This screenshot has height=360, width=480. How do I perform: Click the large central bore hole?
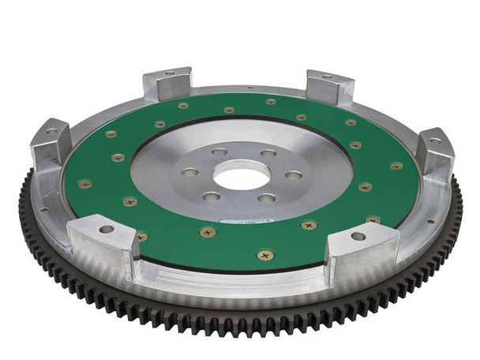tap(242, 174)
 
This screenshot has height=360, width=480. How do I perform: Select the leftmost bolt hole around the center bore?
tap(189, 171)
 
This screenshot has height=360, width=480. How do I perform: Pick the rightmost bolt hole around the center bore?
tap(293, 175)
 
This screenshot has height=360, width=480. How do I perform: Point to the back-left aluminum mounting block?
tap(168, 84)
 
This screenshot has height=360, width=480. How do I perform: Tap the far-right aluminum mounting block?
tap(435, 153)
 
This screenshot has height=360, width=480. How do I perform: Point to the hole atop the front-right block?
tap(358, 236)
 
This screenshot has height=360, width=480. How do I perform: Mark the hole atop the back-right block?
tap(328, 77)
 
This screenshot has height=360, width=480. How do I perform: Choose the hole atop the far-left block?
tap(51, 131)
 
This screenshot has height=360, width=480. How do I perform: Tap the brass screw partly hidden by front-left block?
tap(142, 236)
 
